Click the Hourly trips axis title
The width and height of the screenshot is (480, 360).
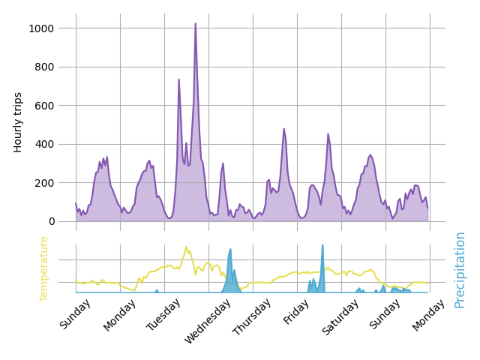19,122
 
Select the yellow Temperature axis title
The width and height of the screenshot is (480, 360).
44,268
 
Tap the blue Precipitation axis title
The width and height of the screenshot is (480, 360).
460,269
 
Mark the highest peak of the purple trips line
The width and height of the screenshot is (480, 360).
196,23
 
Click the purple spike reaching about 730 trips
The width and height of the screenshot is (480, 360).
178,79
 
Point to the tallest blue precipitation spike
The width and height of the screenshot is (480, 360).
322,245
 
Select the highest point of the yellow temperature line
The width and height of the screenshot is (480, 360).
186,247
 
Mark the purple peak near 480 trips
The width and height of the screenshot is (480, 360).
283,128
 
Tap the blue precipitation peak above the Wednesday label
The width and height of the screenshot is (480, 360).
230,249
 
